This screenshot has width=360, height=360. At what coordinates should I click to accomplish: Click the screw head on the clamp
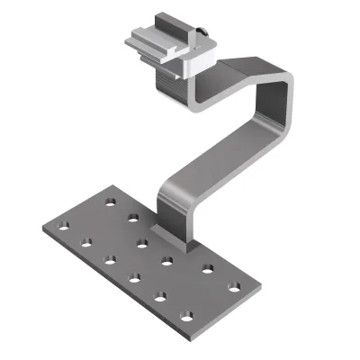(202, 35)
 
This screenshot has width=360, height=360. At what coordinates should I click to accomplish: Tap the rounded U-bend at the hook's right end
(287, 99)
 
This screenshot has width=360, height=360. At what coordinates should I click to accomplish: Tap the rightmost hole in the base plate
(236, 290)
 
